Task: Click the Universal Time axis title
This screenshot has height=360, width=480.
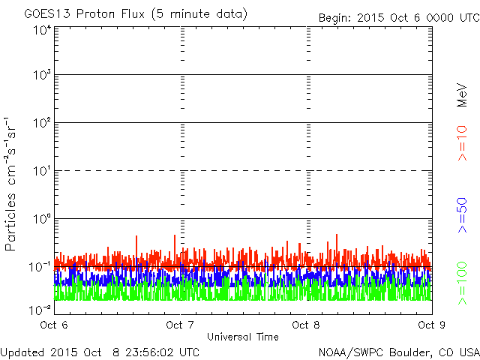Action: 242,337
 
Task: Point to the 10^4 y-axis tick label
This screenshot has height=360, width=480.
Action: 41,30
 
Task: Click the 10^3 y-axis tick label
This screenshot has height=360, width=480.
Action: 41,75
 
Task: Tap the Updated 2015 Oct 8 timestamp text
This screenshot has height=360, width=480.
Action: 100,352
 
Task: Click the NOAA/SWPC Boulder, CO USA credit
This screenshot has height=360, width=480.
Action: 398,352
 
